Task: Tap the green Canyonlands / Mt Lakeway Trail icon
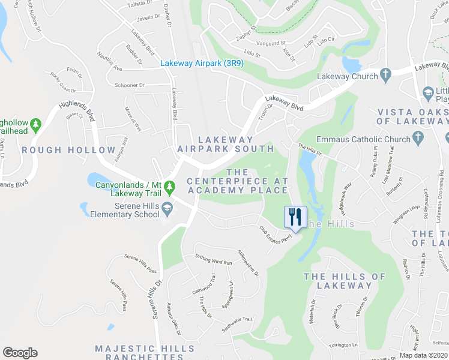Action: coord(169,188)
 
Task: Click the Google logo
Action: coord(20,353)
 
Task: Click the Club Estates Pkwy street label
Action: coord(276,233)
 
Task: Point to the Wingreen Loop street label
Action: coord(406,215)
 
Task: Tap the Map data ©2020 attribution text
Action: coord(424,355)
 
